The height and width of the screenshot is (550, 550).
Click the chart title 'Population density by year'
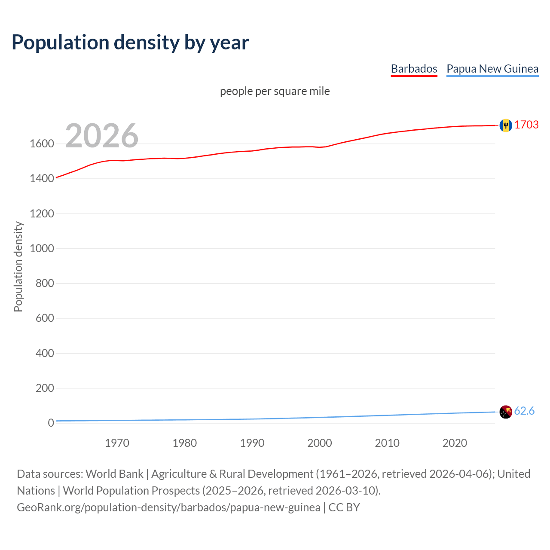[130, 42]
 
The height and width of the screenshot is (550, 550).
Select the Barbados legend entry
[414, 69]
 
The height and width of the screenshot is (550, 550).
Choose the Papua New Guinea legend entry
[492, 69]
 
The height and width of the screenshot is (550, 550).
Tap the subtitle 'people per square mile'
[275, 91]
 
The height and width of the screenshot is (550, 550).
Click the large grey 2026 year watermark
[102, 136]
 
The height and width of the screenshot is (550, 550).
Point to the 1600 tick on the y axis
[42, 144]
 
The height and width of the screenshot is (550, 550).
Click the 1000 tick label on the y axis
[42, 248]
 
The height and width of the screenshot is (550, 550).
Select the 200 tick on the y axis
[45, 388]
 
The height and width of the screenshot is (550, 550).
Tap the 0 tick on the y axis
[51, 423]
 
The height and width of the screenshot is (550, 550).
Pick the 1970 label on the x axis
[117, 443]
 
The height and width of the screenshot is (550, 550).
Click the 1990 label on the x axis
[252, 443]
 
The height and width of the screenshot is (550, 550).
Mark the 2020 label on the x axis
[455, 443]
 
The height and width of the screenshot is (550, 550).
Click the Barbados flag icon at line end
[506, 125]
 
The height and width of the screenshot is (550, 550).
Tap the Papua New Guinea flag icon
[506, 412]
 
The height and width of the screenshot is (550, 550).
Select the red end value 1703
[526, 125]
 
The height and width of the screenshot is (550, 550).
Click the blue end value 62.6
[524, 411]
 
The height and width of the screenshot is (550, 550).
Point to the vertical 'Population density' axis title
[18, 266]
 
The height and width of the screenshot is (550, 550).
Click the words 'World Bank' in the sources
[114, 474]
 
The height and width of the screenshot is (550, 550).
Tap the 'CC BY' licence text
[344, 507]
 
